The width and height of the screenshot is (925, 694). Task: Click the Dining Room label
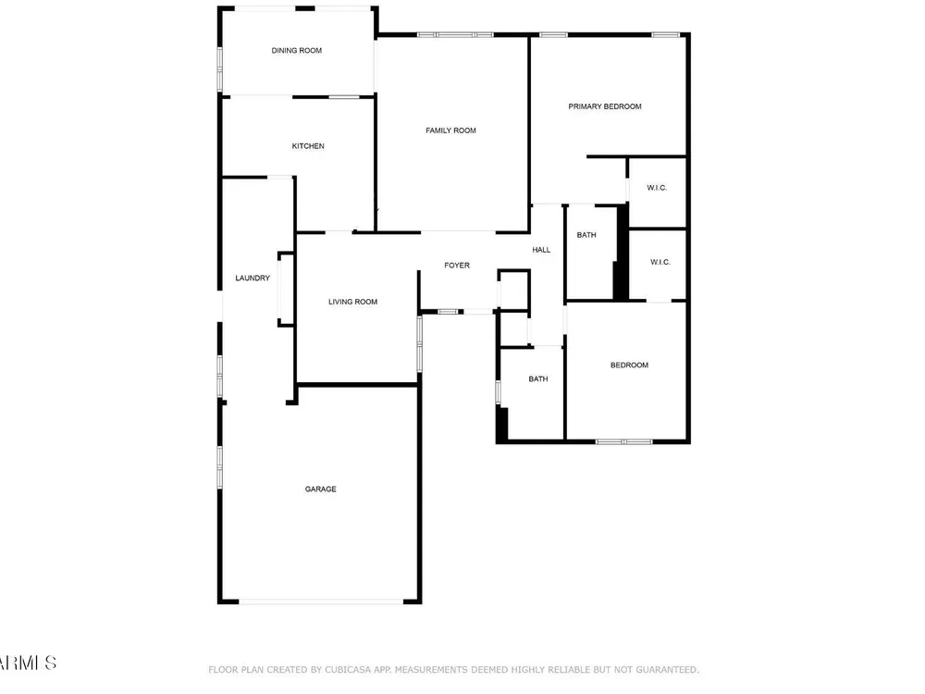coord(297,51)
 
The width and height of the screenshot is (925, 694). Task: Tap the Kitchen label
coord(308,146)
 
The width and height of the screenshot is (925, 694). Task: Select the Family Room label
coord(450,130)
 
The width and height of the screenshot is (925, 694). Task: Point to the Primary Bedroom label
coord(605,106)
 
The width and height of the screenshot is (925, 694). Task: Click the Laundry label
coord(253,278)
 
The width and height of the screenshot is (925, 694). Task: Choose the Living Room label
coord(352,302)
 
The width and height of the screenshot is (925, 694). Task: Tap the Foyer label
coord(457,266)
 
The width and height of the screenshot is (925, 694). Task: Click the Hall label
coord(541,250)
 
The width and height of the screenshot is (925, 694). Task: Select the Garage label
coord(321,490)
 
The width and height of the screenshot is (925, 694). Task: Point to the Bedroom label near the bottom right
coord(629,366)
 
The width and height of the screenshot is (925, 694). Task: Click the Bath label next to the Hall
coord(586,235)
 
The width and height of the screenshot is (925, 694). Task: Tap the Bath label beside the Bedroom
coord(538,378)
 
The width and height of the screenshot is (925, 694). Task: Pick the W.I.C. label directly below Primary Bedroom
coord(657,188)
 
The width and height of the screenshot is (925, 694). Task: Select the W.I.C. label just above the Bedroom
coord(660,262)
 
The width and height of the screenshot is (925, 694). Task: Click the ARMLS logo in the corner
coord(28,663)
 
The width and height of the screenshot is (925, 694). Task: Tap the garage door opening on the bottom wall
coord(321,602)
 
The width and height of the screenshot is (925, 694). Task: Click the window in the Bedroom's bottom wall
coord(624,441)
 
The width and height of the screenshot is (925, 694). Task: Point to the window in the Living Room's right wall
coord(419,344)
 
